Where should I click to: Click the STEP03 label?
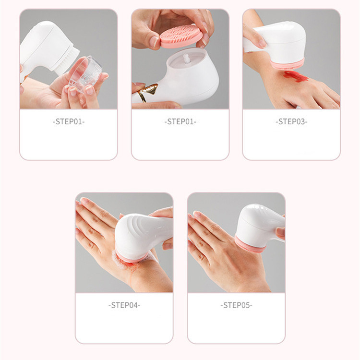[x=291, y=122]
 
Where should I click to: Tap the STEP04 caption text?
[x=124, y=305]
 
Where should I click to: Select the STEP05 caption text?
[x=236, y=305]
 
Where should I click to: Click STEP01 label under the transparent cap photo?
[x=68, y=122]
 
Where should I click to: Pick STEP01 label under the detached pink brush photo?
[x=180, y=122]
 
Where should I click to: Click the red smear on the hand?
[x=295, y=77]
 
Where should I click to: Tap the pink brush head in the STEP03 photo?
[x=287, y=64]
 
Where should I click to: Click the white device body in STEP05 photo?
[x=259, y=223]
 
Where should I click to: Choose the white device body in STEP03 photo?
[x=283, y=41]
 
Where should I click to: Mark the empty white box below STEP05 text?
[x=236, y=326]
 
